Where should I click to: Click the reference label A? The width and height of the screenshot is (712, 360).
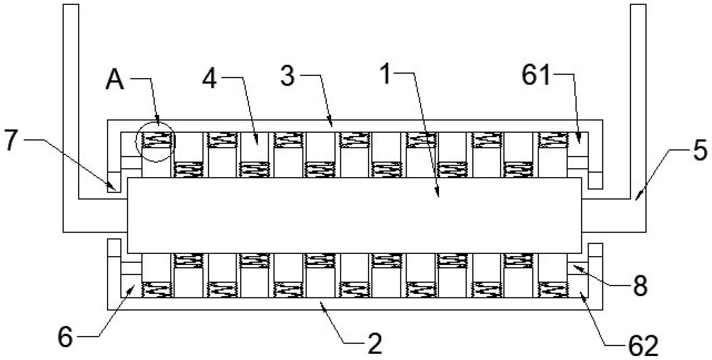pyautogui.click(x=115, y=80)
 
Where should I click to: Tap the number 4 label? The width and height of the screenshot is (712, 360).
pyautogui.click(x=210, y=78)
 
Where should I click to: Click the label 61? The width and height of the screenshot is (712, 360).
pyautogui.click(x=536, y=75)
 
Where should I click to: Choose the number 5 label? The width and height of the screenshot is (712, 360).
pyautogui.click(x=699, y=150)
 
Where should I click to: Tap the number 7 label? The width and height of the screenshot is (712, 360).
pyautogui.click(x=11, y=140)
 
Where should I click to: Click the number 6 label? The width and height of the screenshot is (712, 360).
pyautogui.click(x=65, y=337)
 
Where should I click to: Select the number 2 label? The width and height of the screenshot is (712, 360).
pyautogui.click(x=375, y=344)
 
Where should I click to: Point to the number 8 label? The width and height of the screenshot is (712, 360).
pyautogui.click(x=640, y=286)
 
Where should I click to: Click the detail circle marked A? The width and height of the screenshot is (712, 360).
pyautogui.click(x=155, y=142)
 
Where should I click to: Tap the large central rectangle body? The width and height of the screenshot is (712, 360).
pyautogui.click(x=354, y=215)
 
